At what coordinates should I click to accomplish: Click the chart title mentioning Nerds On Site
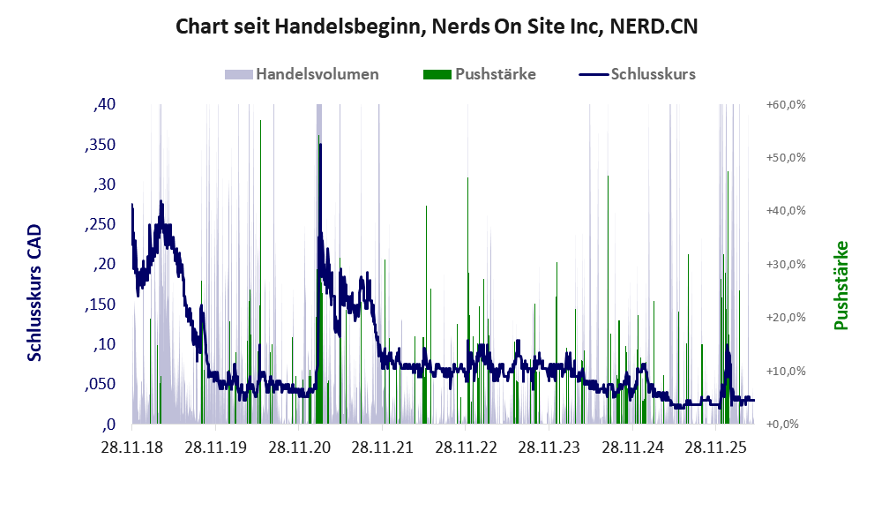(437, 26)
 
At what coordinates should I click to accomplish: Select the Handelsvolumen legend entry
(302, 74)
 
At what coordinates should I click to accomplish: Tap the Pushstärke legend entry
(480, 74)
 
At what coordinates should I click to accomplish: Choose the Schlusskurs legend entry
(637, 74)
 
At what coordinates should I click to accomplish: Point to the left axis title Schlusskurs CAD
(34, 292)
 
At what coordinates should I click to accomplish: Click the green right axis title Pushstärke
(841, 285)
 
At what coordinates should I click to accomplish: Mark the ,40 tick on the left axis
(104, 104)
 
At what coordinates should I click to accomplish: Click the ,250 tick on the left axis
(101, 224)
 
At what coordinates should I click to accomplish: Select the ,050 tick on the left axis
(101, 385)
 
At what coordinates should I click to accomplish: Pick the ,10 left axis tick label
(104, 344)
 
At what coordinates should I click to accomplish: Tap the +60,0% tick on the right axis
(786, 104)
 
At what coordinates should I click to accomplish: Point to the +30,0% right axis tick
(786, 264)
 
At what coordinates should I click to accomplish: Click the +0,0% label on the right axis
(782, 425)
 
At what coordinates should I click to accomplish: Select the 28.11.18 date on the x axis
(132, 448)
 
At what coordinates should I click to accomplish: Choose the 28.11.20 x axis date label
(299, 448)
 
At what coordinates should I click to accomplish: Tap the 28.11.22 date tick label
(466, 448)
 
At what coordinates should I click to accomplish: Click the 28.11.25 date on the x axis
(715, 448)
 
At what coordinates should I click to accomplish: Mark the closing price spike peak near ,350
(320, 145)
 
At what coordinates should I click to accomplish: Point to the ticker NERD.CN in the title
(654, 26)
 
